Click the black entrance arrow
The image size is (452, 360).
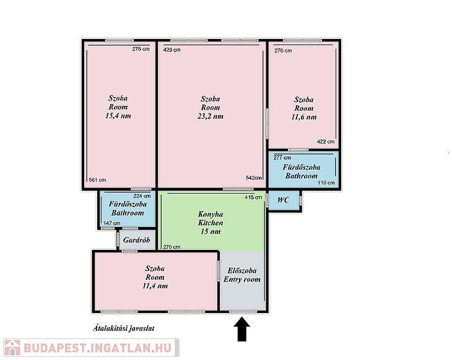pyautogui.click(x=242, y=329)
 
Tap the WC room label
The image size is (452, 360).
pyautogui.click(x=283, y=200)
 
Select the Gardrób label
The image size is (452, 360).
pyautogui.click(x=136, y=240)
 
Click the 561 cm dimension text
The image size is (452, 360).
pyautogui.click(x=97, y=180)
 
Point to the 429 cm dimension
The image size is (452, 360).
pyautogui.click(x=172, y=50)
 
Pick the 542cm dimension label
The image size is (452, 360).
pyautogui.click(x=254, y=178)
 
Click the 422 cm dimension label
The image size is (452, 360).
pyautogui.click(x=326, y=142)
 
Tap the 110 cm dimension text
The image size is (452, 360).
pyautogui.click(x=326, y=182)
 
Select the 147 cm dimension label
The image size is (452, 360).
pyautogui.click(x=112, y=223)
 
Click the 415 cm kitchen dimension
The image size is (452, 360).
pyautogui.click(x=253, y=197)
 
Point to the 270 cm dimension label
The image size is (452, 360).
pyautogui.click(x=172, y=247)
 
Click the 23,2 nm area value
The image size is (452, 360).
pyautogui.click(x=210, y=116)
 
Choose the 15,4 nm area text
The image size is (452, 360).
pyautogui.click(x=118, y=116)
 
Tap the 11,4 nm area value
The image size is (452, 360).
pyautogui.click(x=155, y=286)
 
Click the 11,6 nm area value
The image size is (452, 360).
pyautogui.click(x=304, y=117)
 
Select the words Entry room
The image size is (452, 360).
pyautogui.click(x=242, y=280)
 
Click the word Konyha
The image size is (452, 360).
pyautogui.click(x=211, y=214)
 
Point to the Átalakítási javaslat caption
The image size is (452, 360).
pyautogui.click(x=123, y=328)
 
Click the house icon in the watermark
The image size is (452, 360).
pyautogui.click(x=12, y=348)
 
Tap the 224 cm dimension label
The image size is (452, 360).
pyautogui.click(x=142, y=196)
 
